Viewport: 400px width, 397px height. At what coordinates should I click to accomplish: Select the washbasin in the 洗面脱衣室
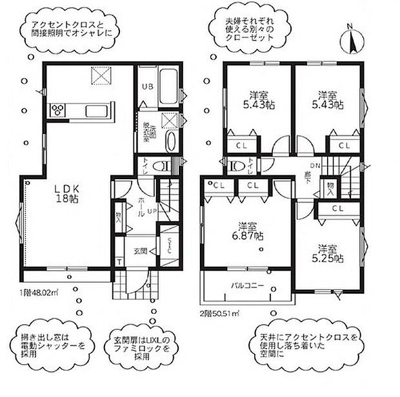click(169, 142)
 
